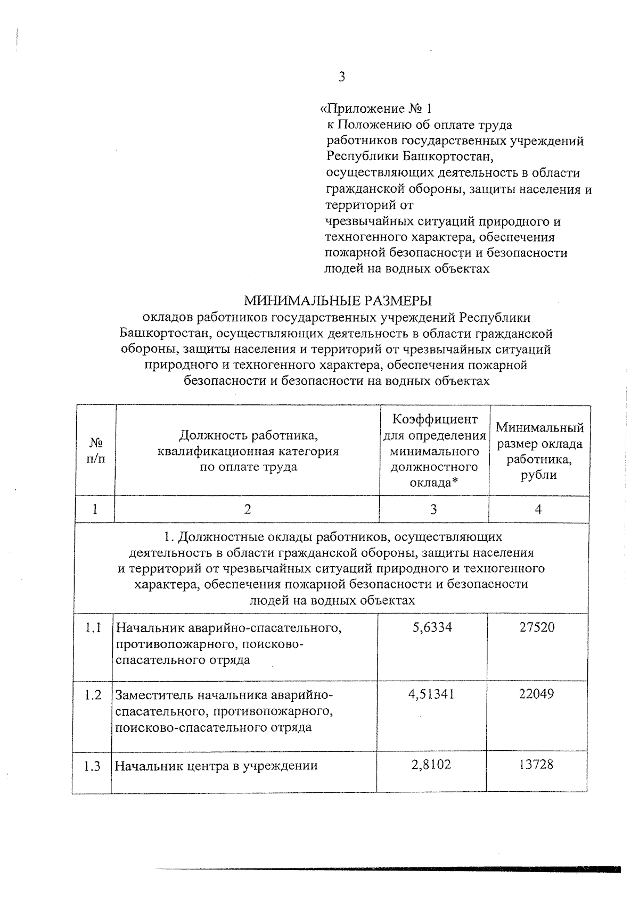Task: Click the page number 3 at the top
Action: pyautogui.click(x=341, y=78)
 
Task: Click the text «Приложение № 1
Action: pyautogui.click(x=375, y=109)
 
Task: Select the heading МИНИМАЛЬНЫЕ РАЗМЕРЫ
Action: pyautogui.click(x=338, y=301)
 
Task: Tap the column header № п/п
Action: pyautogui.click(x=96, y=451)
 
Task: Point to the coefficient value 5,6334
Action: pyautogui.click(x=432, y=627)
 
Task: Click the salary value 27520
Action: pyautogui.click(x=537, y=627)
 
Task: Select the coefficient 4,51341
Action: pyautogui.click(x=432, y=694)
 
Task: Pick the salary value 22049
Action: pyautogui.click(x=537, y=694)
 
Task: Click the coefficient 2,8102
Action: pyautogui.click(x=432, y=765)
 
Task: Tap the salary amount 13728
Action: pyautogui.click(x=537, y=765)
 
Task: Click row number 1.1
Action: pyautogui.click(x=93, y=628)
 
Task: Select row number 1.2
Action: pyautogui.click(x=93, y=695)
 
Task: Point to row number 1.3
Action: pyautogui.click(x=93, y=767)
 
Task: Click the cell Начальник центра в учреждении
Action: pyautogui.click(x=217, y=766)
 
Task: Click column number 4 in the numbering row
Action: pyautogui.click(x=538, y=510)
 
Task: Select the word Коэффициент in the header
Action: pyautogui.click(x=435, y=419)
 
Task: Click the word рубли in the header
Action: pyautogui.click(x=539, y=475)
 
